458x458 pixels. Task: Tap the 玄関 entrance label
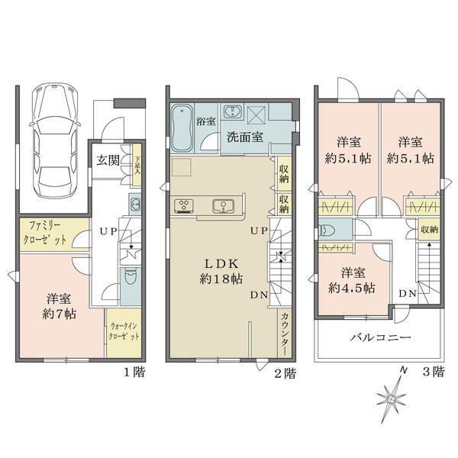(106, 160)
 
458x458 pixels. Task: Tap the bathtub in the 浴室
(182, 127)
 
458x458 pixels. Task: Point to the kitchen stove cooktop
(186, 205)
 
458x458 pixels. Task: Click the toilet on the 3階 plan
(328, 231)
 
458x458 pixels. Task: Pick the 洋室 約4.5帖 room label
(352, 280)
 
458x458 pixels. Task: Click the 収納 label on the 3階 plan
(429, 229)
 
